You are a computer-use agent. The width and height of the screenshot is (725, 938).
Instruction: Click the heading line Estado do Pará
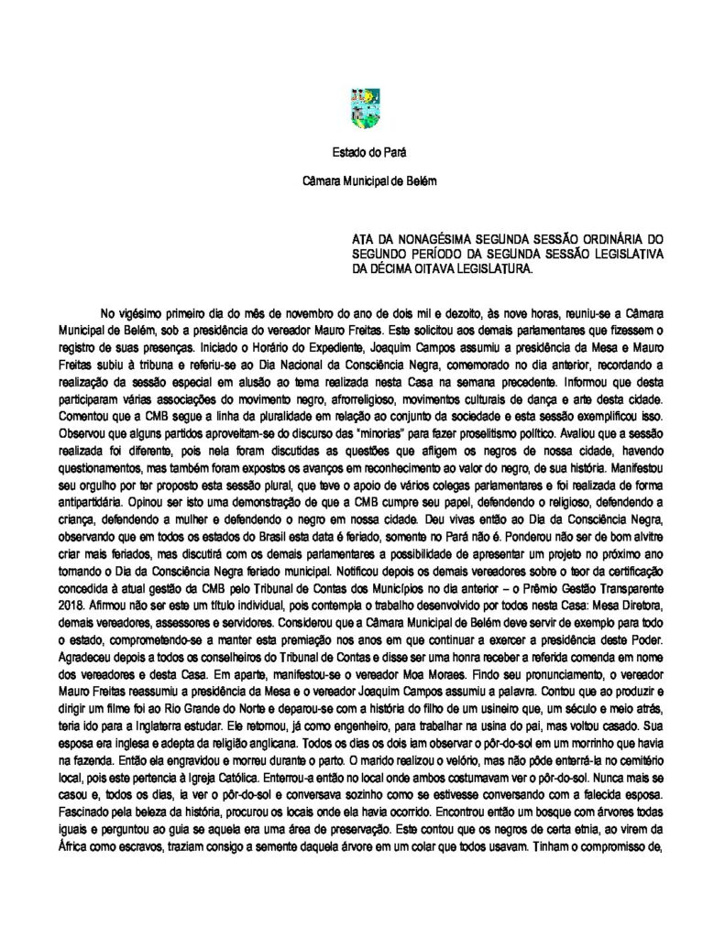(x=363, y=153)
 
